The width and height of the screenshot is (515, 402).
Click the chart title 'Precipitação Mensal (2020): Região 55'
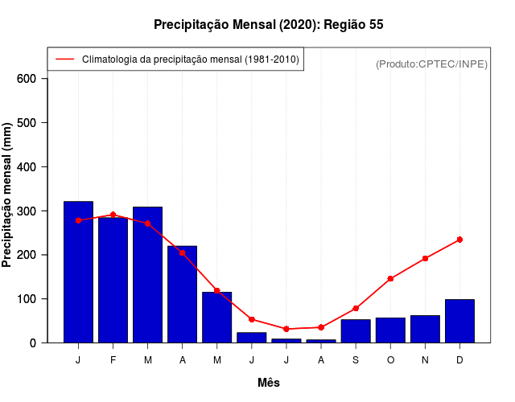click(x=269, y=25)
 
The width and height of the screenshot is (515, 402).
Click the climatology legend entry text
click(x=191, y=59)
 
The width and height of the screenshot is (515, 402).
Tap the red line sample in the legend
click(x=65, y=59)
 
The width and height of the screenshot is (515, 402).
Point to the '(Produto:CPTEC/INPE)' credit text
click(x=431, y=64)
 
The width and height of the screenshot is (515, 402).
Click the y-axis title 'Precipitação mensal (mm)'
click(x=7, y=195)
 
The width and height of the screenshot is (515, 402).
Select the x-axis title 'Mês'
click(x=269, y=383)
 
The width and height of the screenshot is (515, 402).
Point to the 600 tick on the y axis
click(x=27, y=79)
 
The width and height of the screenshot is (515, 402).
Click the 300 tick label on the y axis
click(x=27, y=211)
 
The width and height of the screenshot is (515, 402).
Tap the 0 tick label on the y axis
click(x=33, y=343)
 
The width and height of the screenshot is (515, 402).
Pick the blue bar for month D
click(x=459, y=321)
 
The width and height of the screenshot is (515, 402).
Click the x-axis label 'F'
click(x=113, y=360)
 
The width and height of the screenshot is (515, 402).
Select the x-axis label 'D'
click(x=459, y=360)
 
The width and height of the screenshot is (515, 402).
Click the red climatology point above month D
click(x=459, y=240)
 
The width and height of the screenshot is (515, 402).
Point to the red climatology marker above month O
click(x=390, y=279)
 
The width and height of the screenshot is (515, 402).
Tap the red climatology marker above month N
click(x=425, y=259)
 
